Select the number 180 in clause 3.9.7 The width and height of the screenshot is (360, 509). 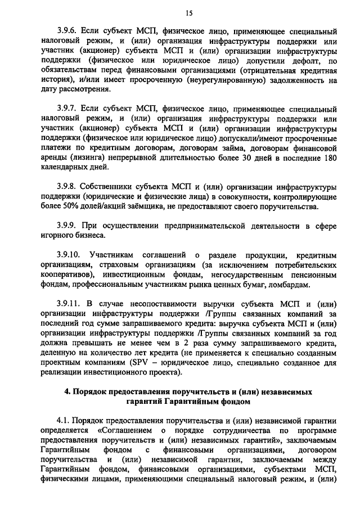(x=330, y=157)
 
